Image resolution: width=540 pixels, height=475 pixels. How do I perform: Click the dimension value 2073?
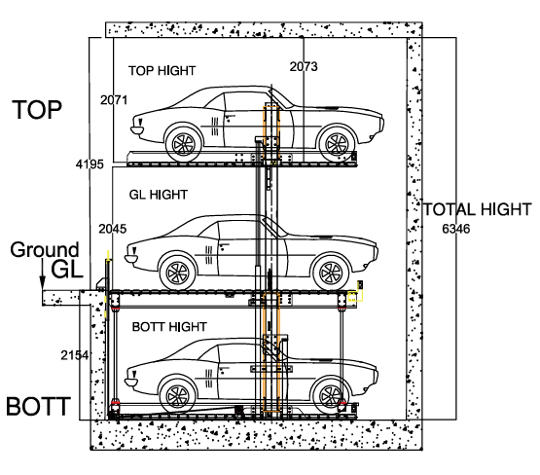click(304, 66)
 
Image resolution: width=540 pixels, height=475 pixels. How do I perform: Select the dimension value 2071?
click(114, 100)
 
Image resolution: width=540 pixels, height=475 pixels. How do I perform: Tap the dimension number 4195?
click(90, 164)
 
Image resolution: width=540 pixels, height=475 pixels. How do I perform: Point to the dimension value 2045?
click(113, 229)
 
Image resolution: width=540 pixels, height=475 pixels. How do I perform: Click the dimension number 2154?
click(75, 355)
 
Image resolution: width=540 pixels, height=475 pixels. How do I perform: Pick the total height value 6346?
click(456, 229)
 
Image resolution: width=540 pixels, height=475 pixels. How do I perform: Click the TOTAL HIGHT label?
click(478, 209)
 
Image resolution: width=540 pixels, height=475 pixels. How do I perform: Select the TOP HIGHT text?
click(162, 71)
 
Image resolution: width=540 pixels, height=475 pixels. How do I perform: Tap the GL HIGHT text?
click(159, 195)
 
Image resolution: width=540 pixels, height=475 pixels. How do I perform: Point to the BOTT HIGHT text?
click(169, 326)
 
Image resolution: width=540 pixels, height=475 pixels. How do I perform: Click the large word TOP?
click(37, 110)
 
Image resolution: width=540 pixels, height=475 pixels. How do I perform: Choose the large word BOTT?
click(38, 406)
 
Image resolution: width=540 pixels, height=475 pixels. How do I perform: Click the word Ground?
click(45, 250)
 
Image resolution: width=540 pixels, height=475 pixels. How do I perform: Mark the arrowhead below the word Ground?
click(43, 283)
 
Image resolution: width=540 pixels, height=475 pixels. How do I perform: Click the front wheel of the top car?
click(184, 144)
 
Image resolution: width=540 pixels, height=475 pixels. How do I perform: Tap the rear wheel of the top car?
click(338, 144)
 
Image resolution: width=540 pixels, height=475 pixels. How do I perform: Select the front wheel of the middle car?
click(178, 274)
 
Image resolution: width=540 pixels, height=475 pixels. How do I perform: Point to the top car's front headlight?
click(137, 129)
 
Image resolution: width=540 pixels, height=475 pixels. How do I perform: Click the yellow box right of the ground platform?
click(352, 296)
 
